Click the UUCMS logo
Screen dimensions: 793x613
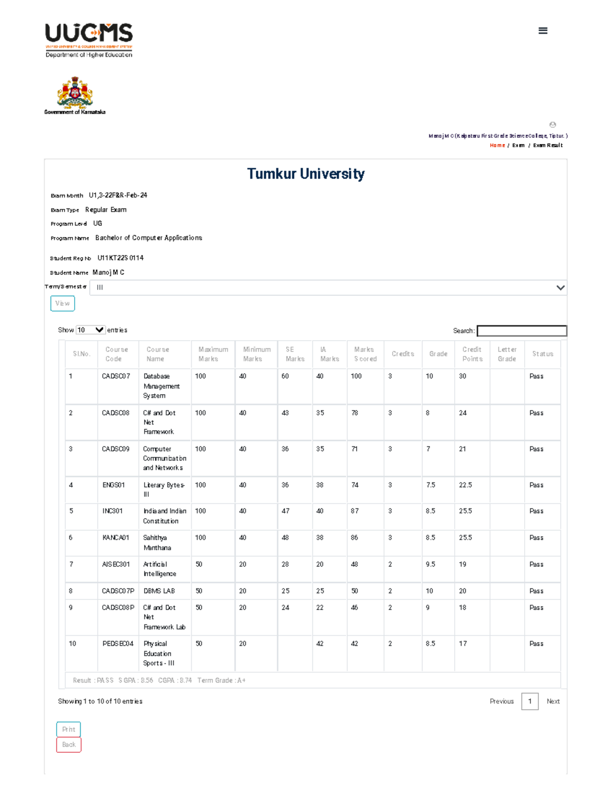(x=89, y=40)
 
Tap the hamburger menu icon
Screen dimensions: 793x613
(x=543, y=31)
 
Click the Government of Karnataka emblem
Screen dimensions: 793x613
(x=75, y=93)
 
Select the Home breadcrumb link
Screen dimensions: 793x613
(x=497, y=146)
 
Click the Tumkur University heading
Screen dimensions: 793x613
(x=305, y=174)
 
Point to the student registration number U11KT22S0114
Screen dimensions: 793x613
(x=121, y=258)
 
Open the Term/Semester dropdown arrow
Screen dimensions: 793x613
(x=560, y=287)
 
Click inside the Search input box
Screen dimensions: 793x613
(x=522, y=331)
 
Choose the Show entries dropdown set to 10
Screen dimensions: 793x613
(x=90, y=330)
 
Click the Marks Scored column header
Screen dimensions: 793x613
(x=365, y=354)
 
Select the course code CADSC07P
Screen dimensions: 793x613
(x=118, y=591)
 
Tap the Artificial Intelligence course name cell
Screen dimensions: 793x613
(x=159, y=569)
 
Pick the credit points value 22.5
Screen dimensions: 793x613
(x=465, y=485)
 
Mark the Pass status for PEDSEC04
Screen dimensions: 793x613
(x=536, y=644)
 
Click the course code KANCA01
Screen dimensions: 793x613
(x=116, y=538)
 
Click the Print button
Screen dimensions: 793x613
(x=68, y=729)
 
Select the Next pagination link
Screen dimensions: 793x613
(x=553, y=702)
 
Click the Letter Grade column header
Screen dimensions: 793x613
(x=507, y=354)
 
